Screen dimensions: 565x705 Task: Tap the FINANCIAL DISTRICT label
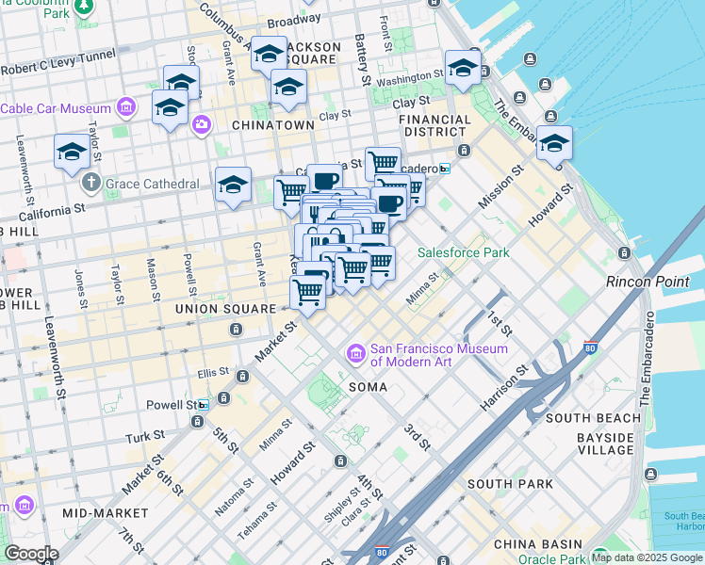pos(434,126)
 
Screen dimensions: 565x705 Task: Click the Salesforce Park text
pos(464,252)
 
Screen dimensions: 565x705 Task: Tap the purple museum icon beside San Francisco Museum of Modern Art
pos(356,354)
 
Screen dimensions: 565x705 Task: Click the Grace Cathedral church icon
pos(90,181)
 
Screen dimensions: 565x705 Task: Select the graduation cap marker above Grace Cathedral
pos(72,153)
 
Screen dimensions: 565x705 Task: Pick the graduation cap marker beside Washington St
pos(463,68)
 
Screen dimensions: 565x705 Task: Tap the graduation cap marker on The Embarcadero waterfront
pos(554,143)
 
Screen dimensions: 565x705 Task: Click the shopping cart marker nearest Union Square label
pos(307,294)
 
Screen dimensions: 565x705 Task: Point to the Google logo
pos(30,554)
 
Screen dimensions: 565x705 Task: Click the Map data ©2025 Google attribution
pos(647,557)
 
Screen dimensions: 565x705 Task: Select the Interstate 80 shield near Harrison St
pos(591,347)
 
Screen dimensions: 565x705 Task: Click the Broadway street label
pos(294,21)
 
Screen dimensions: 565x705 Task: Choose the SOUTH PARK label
pos(510,484)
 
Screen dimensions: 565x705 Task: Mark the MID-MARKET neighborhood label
pos(105,513)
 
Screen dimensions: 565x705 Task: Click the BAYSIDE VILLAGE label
pos(605,444)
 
